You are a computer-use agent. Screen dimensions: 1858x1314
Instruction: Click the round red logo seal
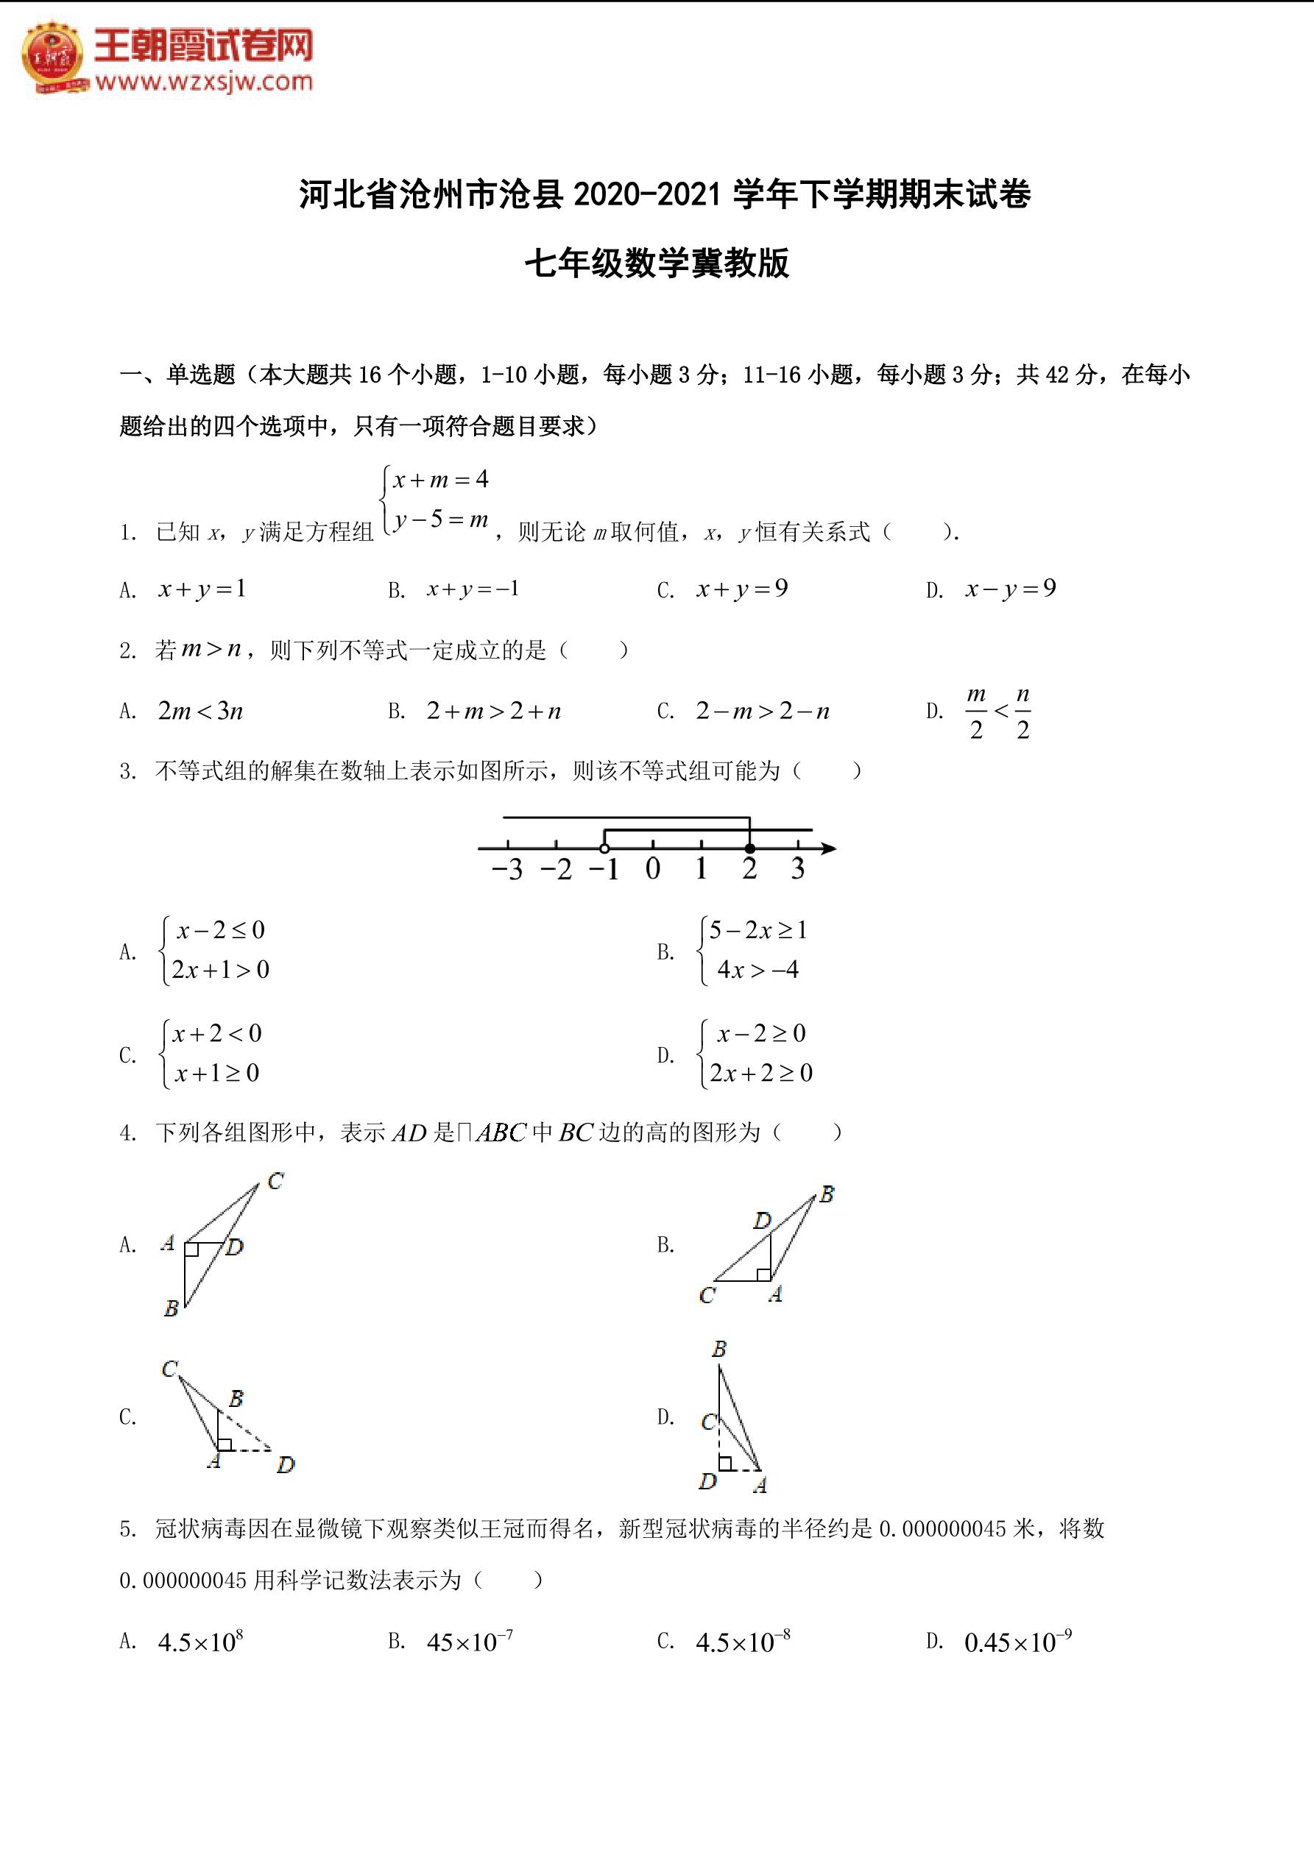[54, 57]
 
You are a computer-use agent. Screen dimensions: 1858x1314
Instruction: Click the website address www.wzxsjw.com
[203, 82]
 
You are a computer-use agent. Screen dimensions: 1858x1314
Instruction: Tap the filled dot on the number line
[749, 848]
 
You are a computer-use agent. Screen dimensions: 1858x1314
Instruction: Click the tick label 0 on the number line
[652, 870]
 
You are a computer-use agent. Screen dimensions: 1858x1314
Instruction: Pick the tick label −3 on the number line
[508, 870]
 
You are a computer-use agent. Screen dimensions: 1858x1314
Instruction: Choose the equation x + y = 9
[741, 589]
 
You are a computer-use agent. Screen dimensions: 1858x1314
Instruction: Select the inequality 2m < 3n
[201, 712]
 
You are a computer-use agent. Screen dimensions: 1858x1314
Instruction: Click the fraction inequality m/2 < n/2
[998, 712]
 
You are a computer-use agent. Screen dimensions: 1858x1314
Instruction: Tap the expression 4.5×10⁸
[201, 1642]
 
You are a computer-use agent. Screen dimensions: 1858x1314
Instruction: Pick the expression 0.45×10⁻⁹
[1017, 1642]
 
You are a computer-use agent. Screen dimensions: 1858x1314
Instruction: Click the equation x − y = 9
[1011, 589]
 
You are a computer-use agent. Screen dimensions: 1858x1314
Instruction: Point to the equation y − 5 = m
[441, 519]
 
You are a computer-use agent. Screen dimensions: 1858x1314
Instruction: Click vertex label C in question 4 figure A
[275, 1181]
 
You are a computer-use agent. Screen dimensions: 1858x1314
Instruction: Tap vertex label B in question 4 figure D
[719, 1349]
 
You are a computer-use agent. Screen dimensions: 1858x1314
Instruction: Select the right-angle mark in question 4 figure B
[763, 1274]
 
